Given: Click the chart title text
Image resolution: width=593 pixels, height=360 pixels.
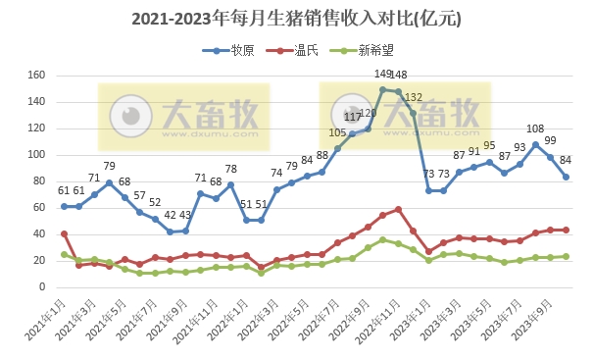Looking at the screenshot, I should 296,19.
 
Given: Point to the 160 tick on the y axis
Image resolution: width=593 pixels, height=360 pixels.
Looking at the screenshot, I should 36,76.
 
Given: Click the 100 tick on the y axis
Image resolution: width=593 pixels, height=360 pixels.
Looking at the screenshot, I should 36,155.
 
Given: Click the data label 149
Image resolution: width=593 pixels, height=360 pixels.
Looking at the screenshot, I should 383,74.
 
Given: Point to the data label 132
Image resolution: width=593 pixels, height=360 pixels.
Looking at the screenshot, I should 414,97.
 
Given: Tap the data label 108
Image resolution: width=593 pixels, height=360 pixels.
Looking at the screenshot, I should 535,129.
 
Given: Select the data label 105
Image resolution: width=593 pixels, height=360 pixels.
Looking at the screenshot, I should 337,132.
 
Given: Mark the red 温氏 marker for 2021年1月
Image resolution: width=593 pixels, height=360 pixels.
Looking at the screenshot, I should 64,233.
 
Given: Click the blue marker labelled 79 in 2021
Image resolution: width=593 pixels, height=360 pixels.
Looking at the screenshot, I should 110,182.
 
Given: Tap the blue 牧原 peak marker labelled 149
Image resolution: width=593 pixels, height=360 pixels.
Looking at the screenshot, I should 383,89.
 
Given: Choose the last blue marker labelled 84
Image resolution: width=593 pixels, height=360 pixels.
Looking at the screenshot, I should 567,177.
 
